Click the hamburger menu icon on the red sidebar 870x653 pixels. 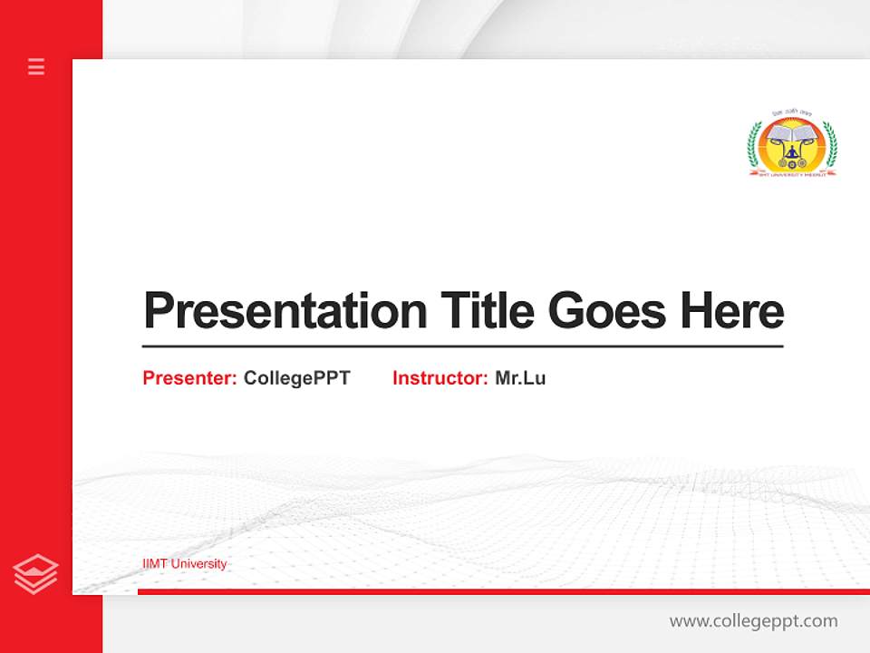point(36,66)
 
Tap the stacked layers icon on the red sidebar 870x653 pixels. point(35,574)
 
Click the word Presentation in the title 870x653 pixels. point(285,311)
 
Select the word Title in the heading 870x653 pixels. point(488,310)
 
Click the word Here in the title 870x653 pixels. point(731,310)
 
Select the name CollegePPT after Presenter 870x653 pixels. point(296,378)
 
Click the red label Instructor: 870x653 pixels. point(440,378)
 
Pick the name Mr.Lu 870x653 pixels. point(520,378)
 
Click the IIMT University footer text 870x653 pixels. point(185,564)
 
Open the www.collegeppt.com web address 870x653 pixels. point(753,621)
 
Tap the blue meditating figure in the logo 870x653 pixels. point(793,153)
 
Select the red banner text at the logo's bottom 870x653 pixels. point(792,172)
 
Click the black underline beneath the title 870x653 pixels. point(462,346)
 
